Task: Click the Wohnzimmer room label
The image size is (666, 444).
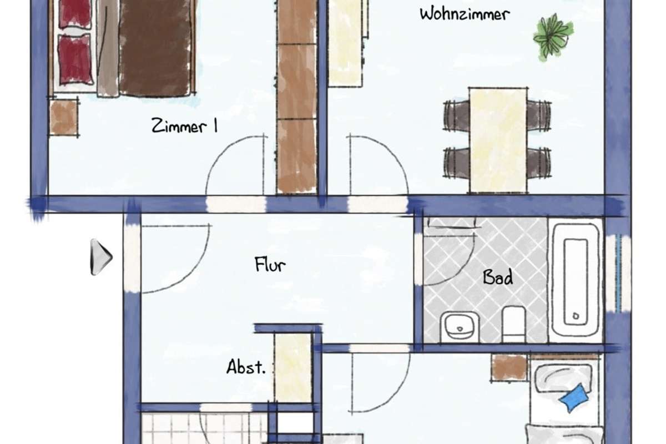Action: [x=465, y=14]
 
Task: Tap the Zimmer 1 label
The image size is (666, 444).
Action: [x=184, y=126]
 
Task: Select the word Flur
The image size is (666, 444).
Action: [x=270, y=264]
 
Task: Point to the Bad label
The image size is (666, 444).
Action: [x=498, y=277]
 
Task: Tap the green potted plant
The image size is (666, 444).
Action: [x=553, y=37]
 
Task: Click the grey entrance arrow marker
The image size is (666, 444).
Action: [x=101, y=257]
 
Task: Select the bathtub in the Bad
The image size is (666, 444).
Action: [x=576, y=280]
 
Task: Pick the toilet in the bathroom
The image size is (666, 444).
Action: [x=513, y=324]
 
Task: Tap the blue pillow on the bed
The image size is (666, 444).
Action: [x=574, y=398]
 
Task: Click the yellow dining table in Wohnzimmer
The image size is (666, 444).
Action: [x=498, y=140]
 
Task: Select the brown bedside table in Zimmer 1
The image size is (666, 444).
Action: [x=64, y=118]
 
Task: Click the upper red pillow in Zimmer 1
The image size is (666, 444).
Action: [x=75, y=14]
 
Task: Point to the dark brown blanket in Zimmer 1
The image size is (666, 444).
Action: [x=155, y=48]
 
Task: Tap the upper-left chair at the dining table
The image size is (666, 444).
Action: [x=456, y=115]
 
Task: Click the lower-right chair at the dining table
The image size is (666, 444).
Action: [x=539, y=163]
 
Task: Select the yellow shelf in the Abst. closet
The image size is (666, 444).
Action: [x=293, y=368]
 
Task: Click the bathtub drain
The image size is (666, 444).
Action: [x=576, y=316]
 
